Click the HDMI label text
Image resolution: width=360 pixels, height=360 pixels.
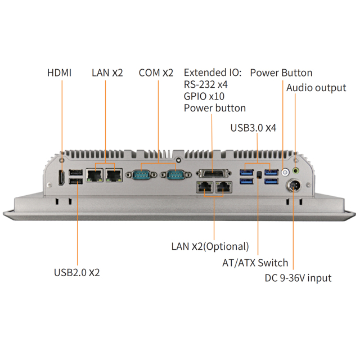[x=59, y=73]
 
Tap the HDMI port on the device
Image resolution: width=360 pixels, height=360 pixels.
[x=61, y=178]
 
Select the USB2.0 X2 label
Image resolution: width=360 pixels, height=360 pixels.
[x=77, y=272]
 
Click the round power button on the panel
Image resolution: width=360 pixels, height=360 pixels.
[x=285, y=172]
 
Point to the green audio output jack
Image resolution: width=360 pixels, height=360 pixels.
[x=296, y=170]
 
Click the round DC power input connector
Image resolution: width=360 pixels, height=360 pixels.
[x=293, y=186]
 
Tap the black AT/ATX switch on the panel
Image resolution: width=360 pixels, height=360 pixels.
[x=259, y=175]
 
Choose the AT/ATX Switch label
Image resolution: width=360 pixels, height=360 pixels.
[x=255, y=263]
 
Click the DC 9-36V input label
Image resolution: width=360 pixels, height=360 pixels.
[x=298, y=278]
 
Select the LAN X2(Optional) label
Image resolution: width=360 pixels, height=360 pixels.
[x=210, y=246]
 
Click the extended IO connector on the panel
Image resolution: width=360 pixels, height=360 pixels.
[x=213, y=174]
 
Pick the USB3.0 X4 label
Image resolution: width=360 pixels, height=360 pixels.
[x=253, y=128]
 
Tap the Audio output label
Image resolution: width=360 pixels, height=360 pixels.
[x=316, y=88]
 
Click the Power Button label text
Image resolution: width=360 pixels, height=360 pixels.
[x=281, y=73]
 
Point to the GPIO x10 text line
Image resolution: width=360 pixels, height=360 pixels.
[x=204, y=96]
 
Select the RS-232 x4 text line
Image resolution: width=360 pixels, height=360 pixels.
[x=205, y=84]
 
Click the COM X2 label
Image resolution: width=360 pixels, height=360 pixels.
[x=156, y=73]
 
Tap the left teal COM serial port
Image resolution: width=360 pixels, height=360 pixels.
[x=141, y=175]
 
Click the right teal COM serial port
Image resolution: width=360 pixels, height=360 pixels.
[x=176, y=175]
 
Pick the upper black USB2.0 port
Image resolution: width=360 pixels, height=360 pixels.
[x=75, y=173]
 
